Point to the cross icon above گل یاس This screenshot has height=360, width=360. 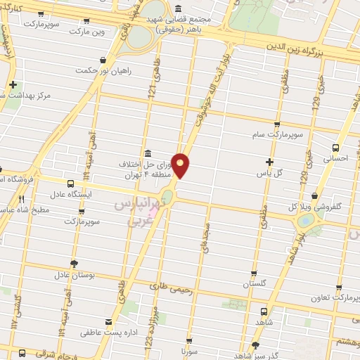coord(269,162)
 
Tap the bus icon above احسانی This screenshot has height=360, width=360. coord(335,148)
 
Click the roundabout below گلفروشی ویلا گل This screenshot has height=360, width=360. coord(306,221)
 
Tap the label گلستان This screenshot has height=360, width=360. coord(257,284)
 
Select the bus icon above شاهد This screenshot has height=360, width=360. coord(264,311)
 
